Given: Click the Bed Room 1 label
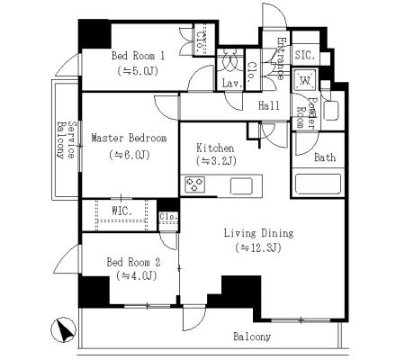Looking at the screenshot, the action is point(138,56).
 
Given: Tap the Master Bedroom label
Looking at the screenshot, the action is point(129,139).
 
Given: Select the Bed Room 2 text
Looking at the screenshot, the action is point(133,263).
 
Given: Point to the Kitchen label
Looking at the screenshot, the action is point(215,148).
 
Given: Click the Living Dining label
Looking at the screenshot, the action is point(259,233).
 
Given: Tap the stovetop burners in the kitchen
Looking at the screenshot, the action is point(195,184).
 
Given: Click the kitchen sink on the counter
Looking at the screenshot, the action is point(241,186).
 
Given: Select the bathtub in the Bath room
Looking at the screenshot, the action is point(318,184).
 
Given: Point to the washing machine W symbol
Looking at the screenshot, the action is point(305,80).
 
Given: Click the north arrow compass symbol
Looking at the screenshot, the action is point(63,330).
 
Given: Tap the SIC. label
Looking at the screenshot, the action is point(305,56).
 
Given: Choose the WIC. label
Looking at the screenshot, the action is point(121,211).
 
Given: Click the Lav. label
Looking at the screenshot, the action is point(232,84).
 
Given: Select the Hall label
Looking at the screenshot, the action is point(269,105).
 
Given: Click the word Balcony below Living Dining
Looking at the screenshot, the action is point(252,337).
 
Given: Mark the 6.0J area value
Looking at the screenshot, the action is point(130,155).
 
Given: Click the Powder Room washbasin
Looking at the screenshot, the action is point(331,111).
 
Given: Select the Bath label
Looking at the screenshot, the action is point(325,157).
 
